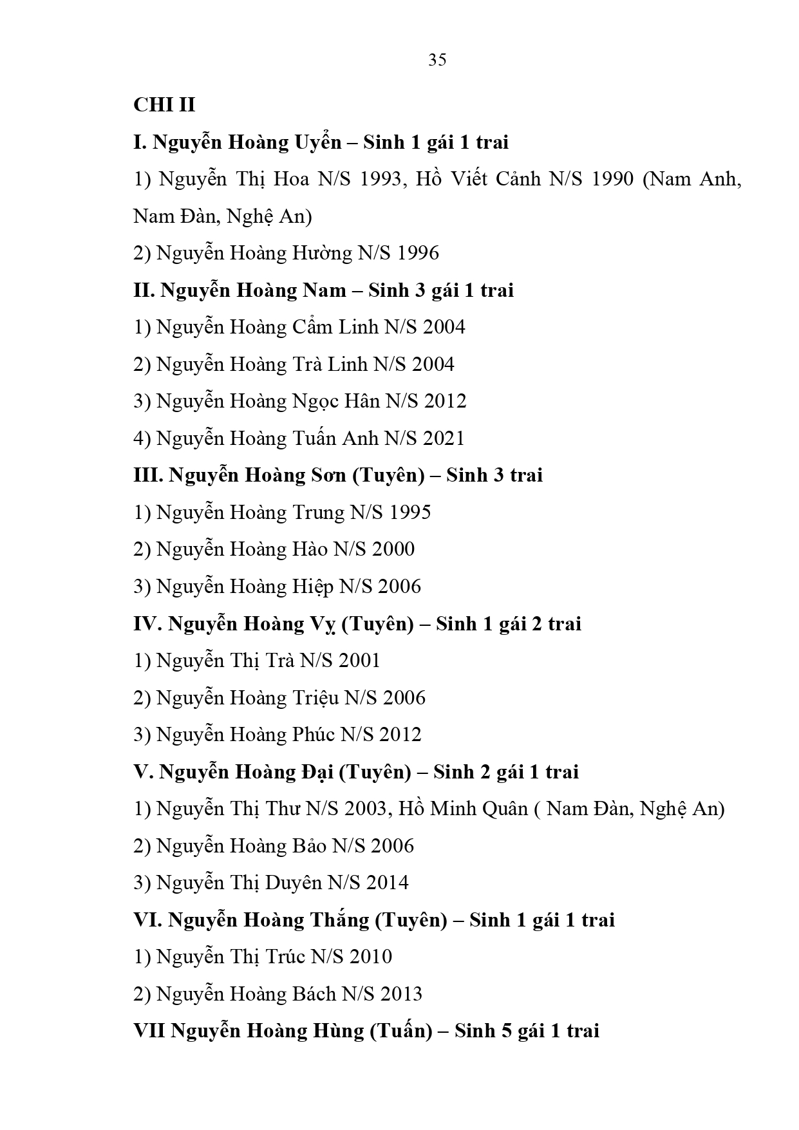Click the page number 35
point(437,60)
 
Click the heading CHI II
point(164,104)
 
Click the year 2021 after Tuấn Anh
point(444,438)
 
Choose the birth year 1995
point(410,513)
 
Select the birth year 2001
point(359,661)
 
